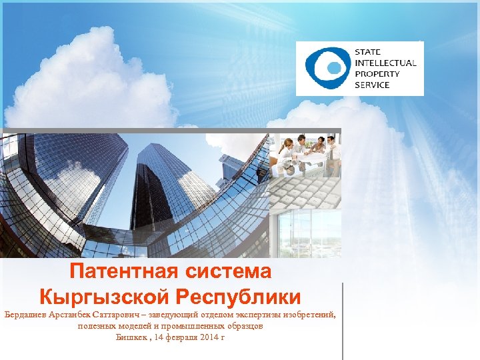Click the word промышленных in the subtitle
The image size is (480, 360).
pos(198,326)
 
